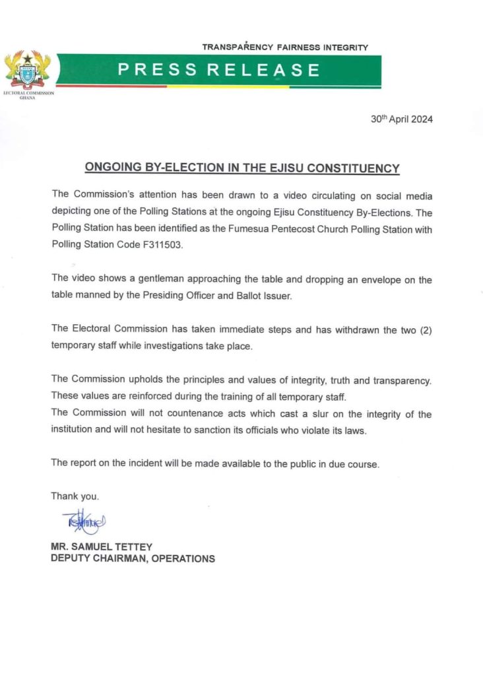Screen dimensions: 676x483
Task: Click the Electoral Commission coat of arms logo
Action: click(x=28, y=72)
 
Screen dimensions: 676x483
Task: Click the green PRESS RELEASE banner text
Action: click(x=219, y=70)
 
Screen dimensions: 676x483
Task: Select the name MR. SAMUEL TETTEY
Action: click(x=101, y=547)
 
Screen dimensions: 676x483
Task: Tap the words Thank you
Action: click(x=75, y=496)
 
